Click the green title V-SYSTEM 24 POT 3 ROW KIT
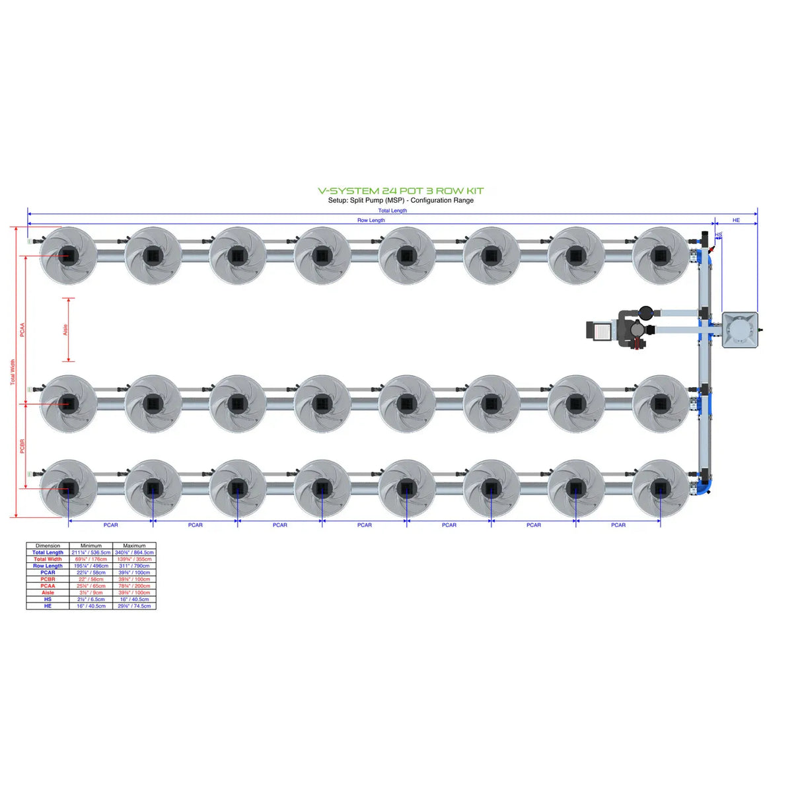pos(400,191)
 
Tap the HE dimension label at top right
pos(736,220)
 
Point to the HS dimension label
pos(718,235)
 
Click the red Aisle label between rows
pos(65,330)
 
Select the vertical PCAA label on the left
pos(22,330)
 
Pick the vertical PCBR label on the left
pos(22,446)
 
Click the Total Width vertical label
pos(12,373)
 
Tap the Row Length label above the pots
pos(371,220)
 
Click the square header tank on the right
pos(739,330)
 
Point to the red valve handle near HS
pos(711,250)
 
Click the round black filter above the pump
pos(645,313)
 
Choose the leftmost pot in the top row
pos(68,256)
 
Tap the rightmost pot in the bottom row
pos(660,489)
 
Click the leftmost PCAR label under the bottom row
pos(110,525)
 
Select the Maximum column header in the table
pos(134,546)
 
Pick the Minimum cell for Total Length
pos(91,552)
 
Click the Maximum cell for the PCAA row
pos(134,586)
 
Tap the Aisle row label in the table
pos(48,593)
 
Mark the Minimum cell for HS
pos(91,599)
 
